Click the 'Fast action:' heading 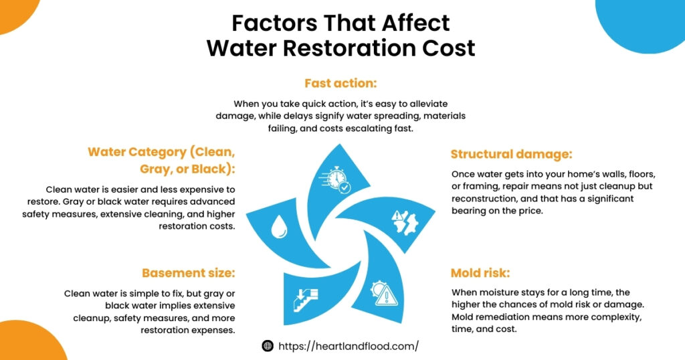(341, 84)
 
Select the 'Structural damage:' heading (511, 155)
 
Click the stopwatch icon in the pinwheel (337, 179)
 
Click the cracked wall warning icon (405, 219)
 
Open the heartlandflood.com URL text (348, 346)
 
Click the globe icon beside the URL (268, 346)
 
